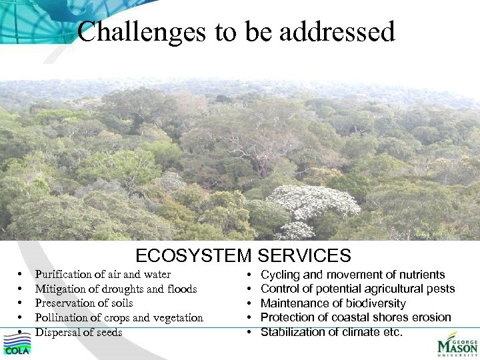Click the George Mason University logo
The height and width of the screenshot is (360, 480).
click(457, 345)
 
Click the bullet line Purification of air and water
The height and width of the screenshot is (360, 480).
click(103, 275)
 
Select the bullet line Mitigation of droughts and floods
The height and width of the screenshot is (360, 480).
click(116, 289)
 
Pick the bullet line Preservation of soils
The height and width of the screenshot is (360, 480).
click(84, 303)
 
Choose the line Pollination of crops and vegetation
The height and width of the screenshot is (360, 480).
click(119, 318)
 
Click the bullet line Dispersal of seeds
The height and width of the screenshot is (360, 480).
click(79, 332)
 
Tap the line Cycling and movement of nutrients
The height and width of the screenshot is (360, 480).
click(353, 275)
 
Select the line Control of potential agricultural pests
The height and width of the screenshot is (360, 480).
click(357, 289)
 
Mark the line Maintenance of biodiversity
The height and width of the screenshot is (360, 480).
click(333, 303)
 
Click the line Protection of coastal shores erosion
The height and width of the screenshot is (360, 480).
click(356, 317)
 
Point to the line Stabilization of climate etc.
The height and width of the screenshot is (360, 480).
click(331, 332)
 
